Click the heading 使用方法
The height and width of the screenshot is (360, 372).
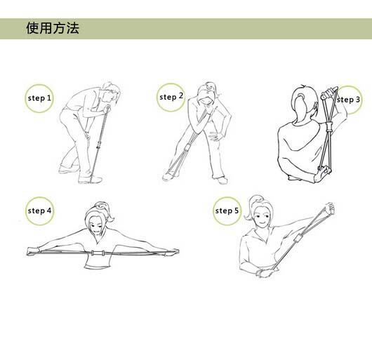(53, 28)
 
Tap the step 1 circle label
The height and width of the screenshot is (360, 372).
(39, 98)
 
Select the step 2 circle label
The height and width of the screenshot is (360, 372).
(171, 97)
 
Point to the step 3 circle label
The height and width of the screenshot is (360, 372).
(348, 100)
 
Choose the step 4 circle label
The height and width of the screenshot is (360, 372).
(39, 211)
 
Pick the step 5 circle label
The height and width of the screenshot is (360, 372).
(227, 211)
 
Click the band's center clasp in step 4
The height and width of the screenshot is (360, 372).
(98, 253)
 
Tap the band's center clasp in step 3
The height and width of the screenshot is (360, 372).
(328, 127)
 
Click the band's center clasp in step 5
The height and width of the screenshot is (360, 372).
(298, 239)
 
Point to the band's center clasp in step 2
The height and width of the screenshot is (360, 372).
(187, 148)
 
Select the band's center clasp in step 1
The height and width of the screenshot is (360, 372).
(99, 144)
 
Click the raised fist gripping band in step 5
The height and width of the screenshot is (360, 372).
(329, 208)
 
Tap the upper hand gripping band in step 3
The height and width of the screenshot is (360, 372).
(328, 93)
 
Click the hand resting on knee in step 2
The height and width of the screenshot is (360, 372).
(215, 136)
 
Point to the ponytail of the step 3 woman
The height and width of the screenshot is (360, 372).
(299, 105)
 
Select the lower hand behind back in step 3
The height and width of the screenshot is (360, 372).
(322, 174)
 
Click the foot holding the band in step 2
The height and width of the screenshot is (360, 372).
(169, 176)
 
